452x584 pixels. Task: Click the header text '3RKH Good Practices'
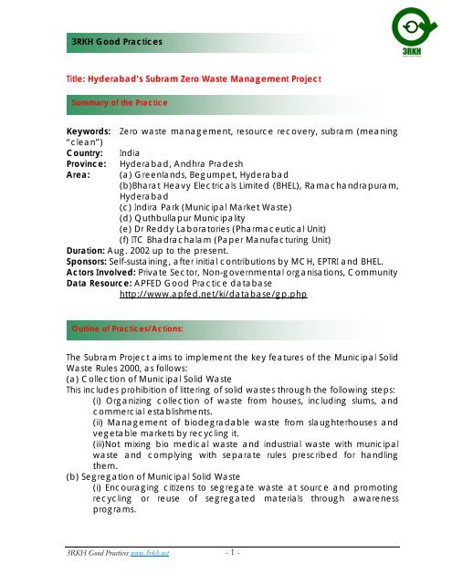click(110, 43)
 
